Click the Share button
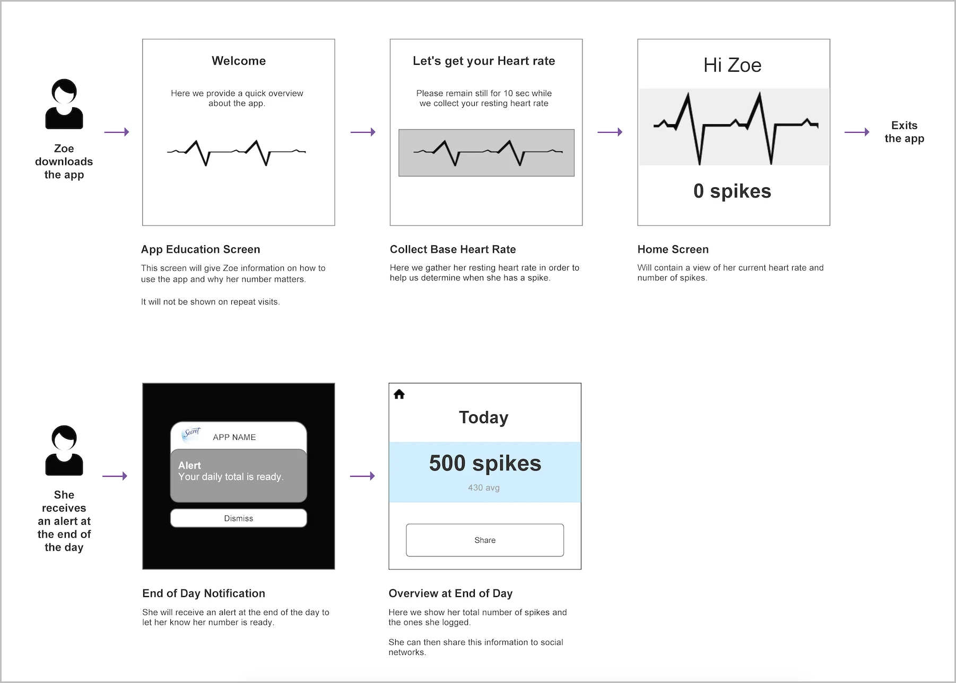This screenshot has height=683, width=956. pos(485,540)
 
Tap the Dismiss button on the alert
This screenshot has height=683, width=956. pos(238,518)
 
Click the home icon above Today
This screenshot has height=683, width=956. pos(399,394)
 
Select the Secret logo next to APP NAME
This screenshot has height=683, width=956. pos(192,434)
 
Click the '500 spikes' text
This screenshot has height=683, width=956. pos(485,463)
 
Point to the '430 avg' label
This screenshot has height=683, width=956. pos(483,488)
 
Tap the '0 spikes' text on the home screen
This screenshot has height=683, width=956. pos(732,191)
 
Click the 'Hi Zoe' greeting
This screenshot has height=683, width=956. pos(732,65)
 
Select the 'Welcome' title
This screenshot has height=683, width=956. pos(239,61)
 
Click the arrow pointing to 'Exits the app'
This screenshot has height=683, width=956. pos(856,132)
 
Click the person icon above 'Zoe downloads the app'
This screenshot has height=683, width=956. pos(64,104)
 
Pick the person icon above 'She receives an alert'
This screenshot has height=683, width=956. pos(64,450)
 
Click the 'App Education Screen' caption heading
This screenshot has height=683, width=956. pos(201,249)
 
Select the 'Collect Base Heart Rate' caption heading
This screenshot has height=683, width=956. pos(453,249)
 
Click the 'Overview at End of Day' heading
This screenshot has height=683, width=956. pos(450,593)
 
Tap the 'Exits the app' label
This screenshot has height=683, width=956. pos(904,132)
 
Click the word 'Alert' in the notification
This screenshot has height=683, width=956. pos(189,465)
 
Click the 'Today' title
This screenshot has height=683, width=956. pos(483,418)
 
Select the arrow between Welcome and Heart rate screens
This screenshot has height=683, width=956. pos(363,132)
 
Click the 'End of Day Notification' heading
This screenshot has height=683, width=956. pos(204,593)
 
